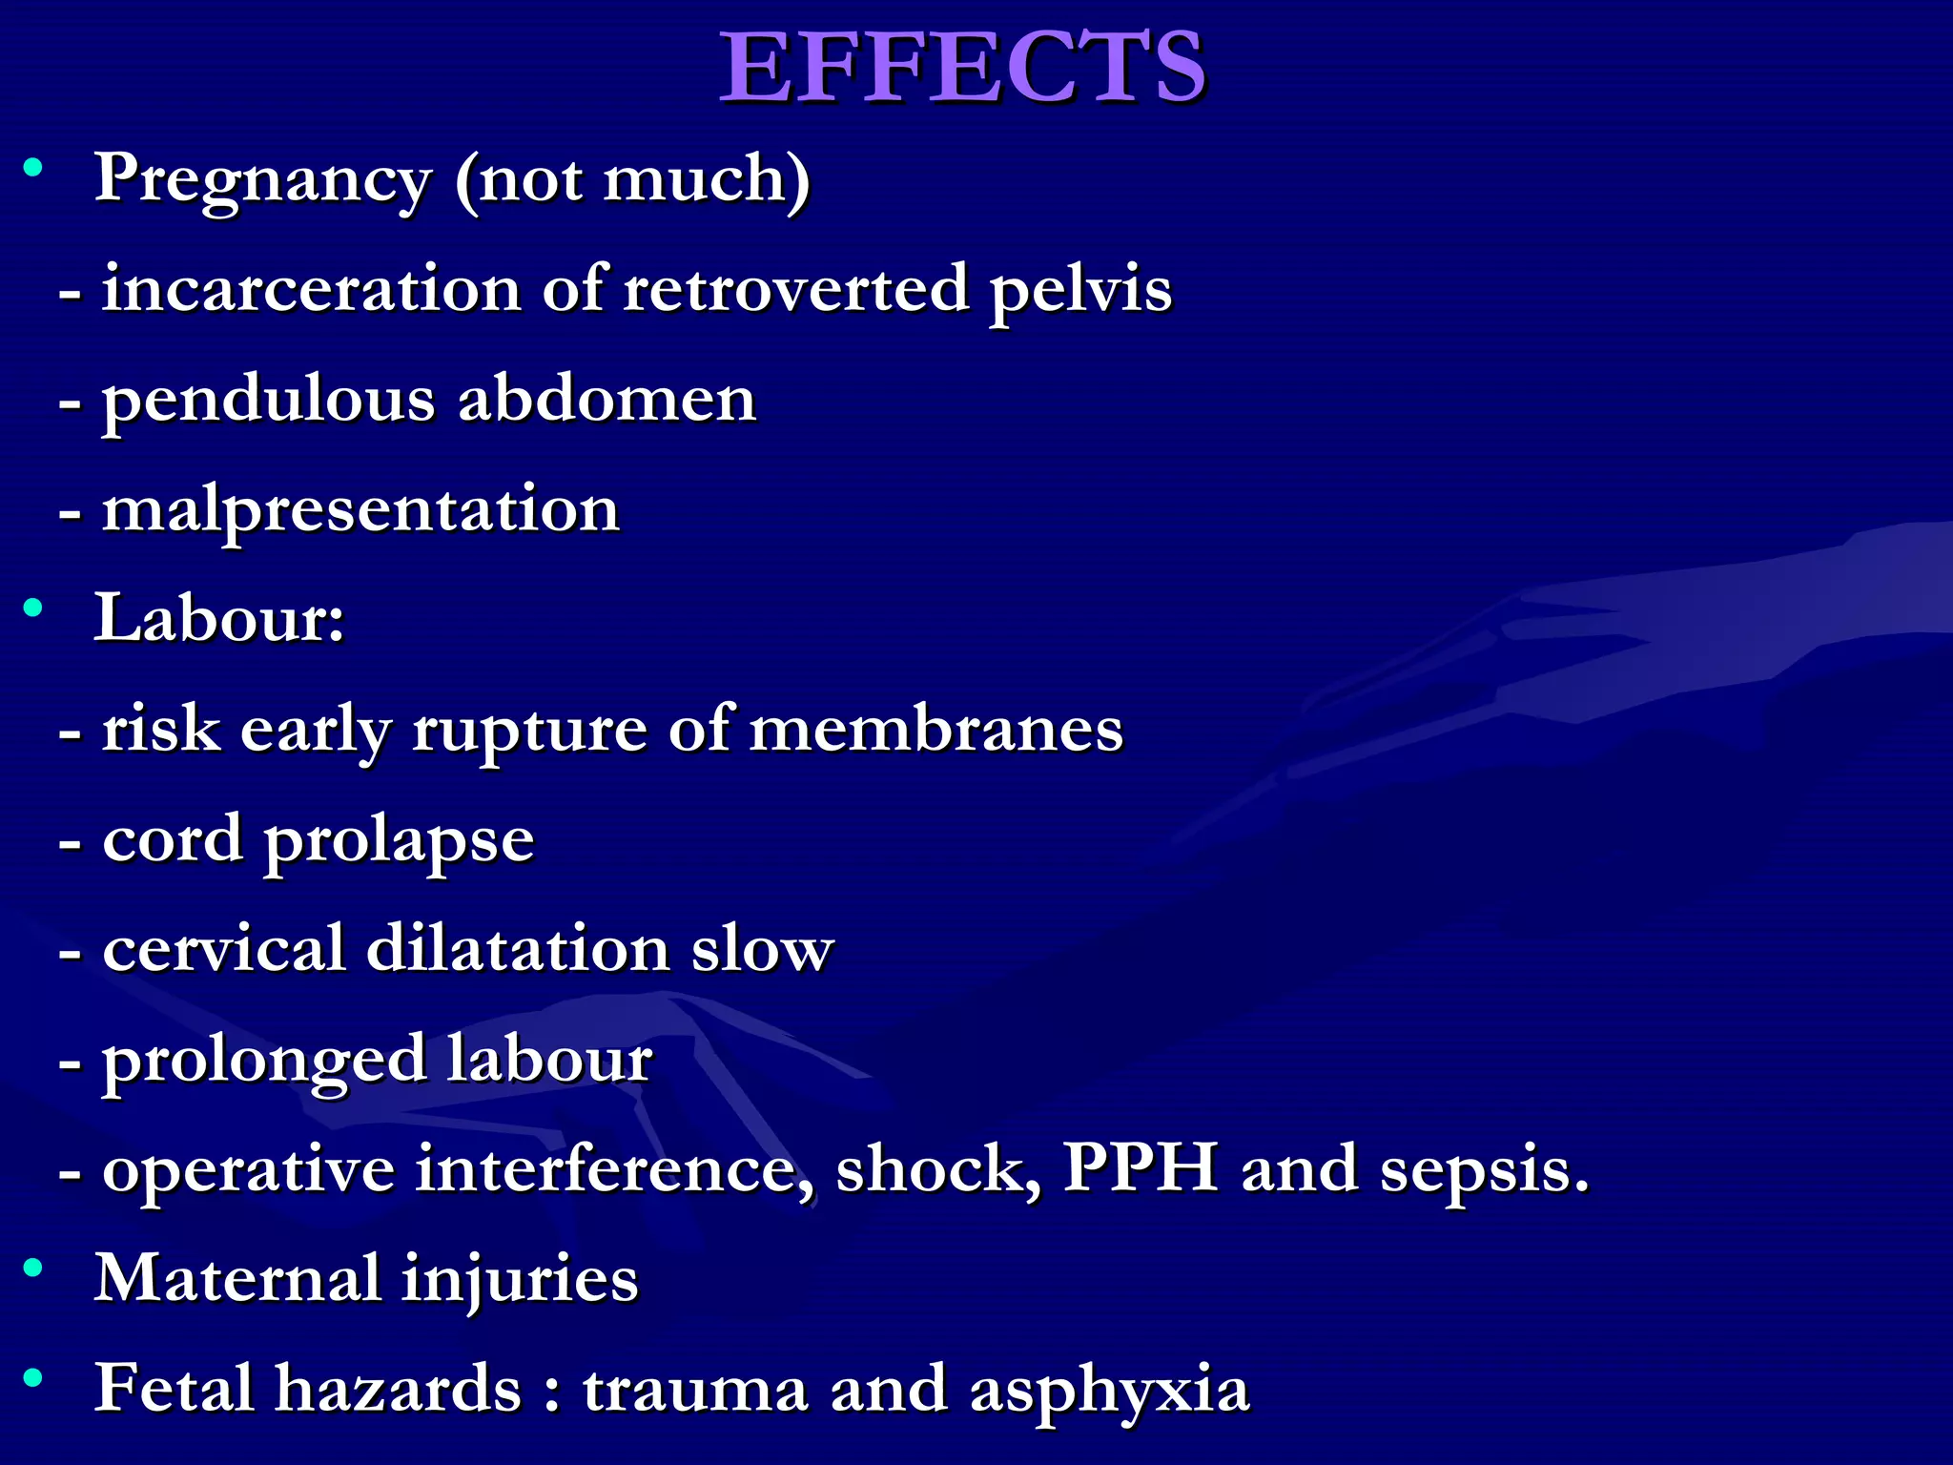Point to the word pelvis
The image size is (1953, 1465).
coord(1079,291)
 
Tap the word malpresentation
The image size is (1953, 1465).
coord(360,509)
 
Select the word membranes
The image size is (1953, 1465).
coord(935,730)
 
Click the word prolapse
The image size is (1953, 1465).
coord(399,842)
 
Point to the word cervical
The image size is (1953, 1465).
coord(223,949)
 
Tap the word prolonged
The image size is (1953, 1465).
coord(263,1062)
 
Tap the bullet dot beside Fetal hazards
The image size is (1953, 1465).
coord(34,1377)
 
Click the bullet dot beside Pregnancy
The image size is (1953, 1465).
coord(34,170)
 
